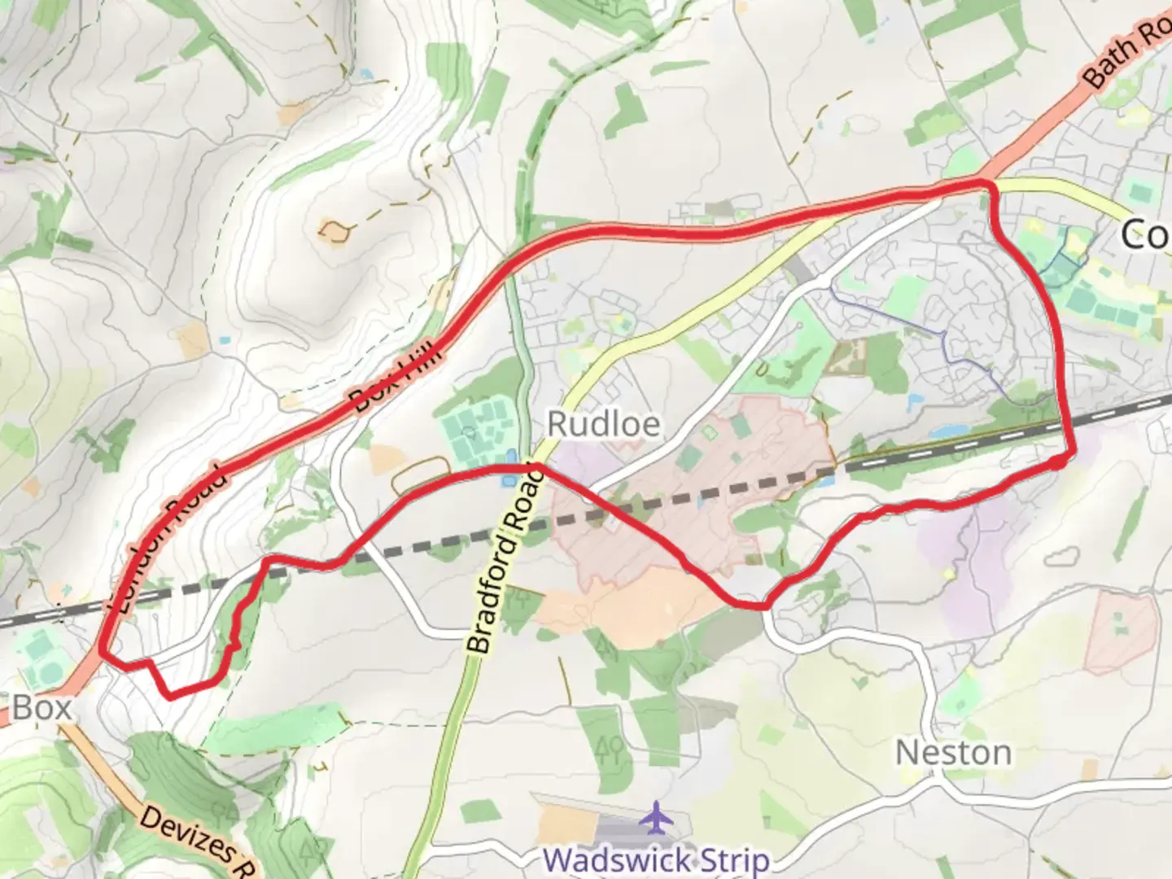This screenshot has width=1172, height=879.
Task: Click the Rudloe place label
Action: point(603,424)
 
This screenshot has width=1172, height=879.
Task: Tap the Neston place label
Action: point(954,753)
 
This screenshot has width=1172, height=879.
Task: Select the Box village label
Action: point(42,707)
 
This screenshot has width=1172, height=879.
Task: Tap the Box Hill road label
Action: point(396,378)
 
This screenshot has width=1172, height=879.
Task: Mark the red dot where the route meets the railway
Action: point(1056,461)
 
